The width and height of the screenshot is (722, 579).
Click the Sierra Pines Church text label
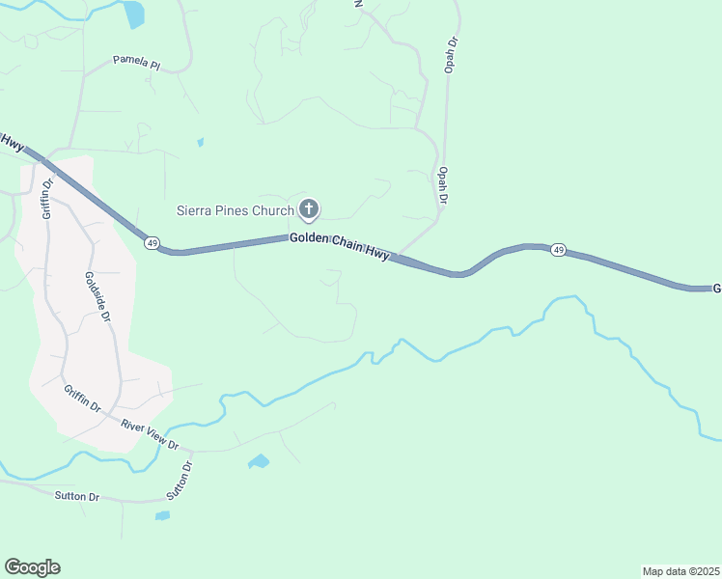(x=235, y=209)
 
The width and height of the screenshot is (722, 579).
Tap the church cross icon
(x=309, y=208)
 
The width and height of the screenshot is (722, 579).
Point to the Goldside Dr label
(x=98, y=295)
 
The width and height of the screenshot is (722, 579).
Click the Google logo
(x=32, y=567)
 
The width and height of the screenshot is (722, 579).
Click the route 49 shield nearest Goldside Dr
(x=153, y=242)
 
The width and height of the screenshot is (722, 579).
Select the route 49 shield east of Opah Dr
(x=558, y=250)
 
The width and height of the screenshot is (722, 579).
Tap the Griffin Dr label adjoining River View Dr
(x=83, y=398)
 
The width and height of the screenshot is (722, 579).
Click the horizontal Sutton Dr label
(x=77, y=496)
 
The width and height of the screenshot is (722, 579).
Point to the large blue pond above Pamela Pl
(x=133, y=14)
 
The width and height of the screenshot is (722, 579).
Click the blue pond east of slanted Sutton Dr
(x=258, y=461)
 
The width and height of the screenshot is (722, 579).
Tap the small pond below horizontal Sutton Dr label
(x=162, y=515)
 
